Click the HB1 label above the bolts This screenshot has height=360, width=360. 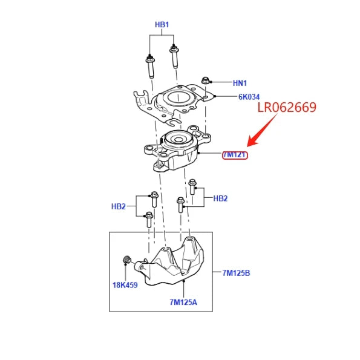coord(162,25)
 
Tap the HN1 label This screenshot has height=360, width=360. coord(240,83)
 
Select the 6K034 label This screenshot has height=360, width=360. coord(249,97)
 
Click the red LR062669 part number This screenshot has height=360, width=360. coord(287,107)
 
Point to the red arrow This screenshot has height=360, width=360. coord(263,129)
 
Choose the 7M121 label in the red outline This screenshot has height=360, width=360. coord(235,155)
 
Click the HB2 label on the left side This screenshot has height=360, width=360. coord(119,206)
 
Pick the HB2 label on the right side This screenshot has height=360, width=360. coord(220,198)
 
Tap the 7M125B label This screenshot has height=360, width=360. coord(236,273)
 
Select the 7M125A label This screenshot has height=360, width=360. coord(183,302)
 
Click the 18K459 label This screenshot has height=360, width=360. coord(125,285)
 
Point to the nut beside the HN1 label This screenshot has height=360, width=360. coord(205,81)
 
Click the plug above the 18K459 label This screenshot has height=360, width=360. coord(126,260)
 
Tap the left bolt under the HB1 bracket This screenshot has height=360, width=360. coord(151,67)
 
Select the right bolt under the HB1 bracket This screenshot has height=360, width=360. coord(174,56)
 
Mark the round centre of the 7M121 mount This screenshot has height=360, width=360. coord(178,140)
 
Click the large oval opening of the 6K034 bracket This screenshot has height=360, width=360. coord(178,98)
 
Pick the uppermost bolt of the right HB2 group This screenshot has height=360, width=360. coord(192,187)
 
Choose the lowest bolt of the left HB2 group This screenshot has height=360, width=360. coord(149,220)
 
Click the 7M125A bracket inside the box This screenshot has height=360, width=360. coord(174,264)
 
